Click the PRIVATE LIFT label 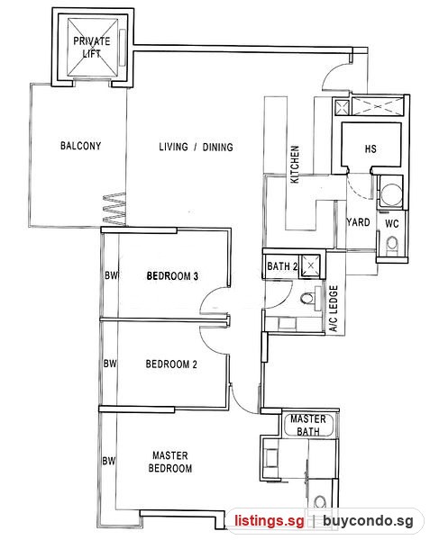(x=92, y=47)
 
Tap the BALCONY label (x=81, y=146)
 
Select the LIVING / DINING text (x=196, y=147)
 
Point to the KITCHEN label (x=295, y=165)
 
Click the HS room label (x=371, y=148)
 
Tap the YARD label (x=358, y=222)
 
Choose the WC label (x=392, y=223)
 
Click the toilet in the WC (x=392, y=245)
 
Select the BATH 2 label (x=282, y=266)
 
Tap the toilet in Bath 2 (x=307, y=298)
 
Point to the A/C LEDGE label (x=334, y=308)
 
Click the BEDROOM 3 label (x=172, y=276)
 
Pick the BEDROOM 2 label (x=171, y=364)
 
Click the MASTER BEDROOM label (x=170, y=462)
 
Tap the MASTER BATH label (x=308, y=425)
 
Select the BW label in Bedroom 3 (x=112, y=275)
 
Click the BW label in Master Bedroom (x=108, y=461)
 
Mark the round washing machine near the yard (x=391, y=193)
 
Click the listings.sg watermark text (x=270, y=520)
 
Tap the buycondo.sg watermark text (x=368, y=521)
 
